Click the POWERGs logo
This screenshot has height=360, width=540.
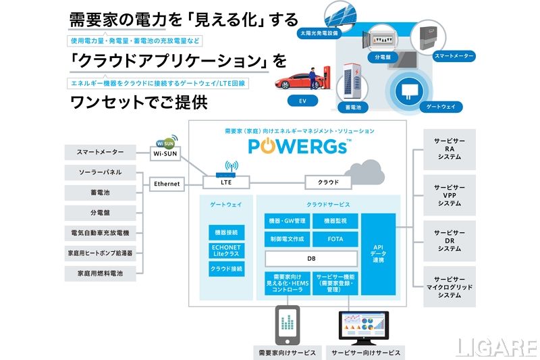point(298,147)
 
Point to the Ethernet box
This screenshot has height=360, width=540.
point(167,183)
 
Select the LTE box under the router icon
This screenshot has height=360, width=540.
point(226,182)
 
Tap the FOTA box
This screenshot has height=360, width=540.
point(335,239)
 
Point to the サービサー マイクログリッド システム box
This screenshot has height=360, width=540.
point(449,287)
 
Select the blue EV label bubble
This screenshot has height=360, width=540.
point(293,101)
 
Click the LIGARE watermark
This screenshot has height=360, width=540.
point(496,347)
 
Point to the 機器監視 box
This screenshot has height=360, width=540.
point(335,221)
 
